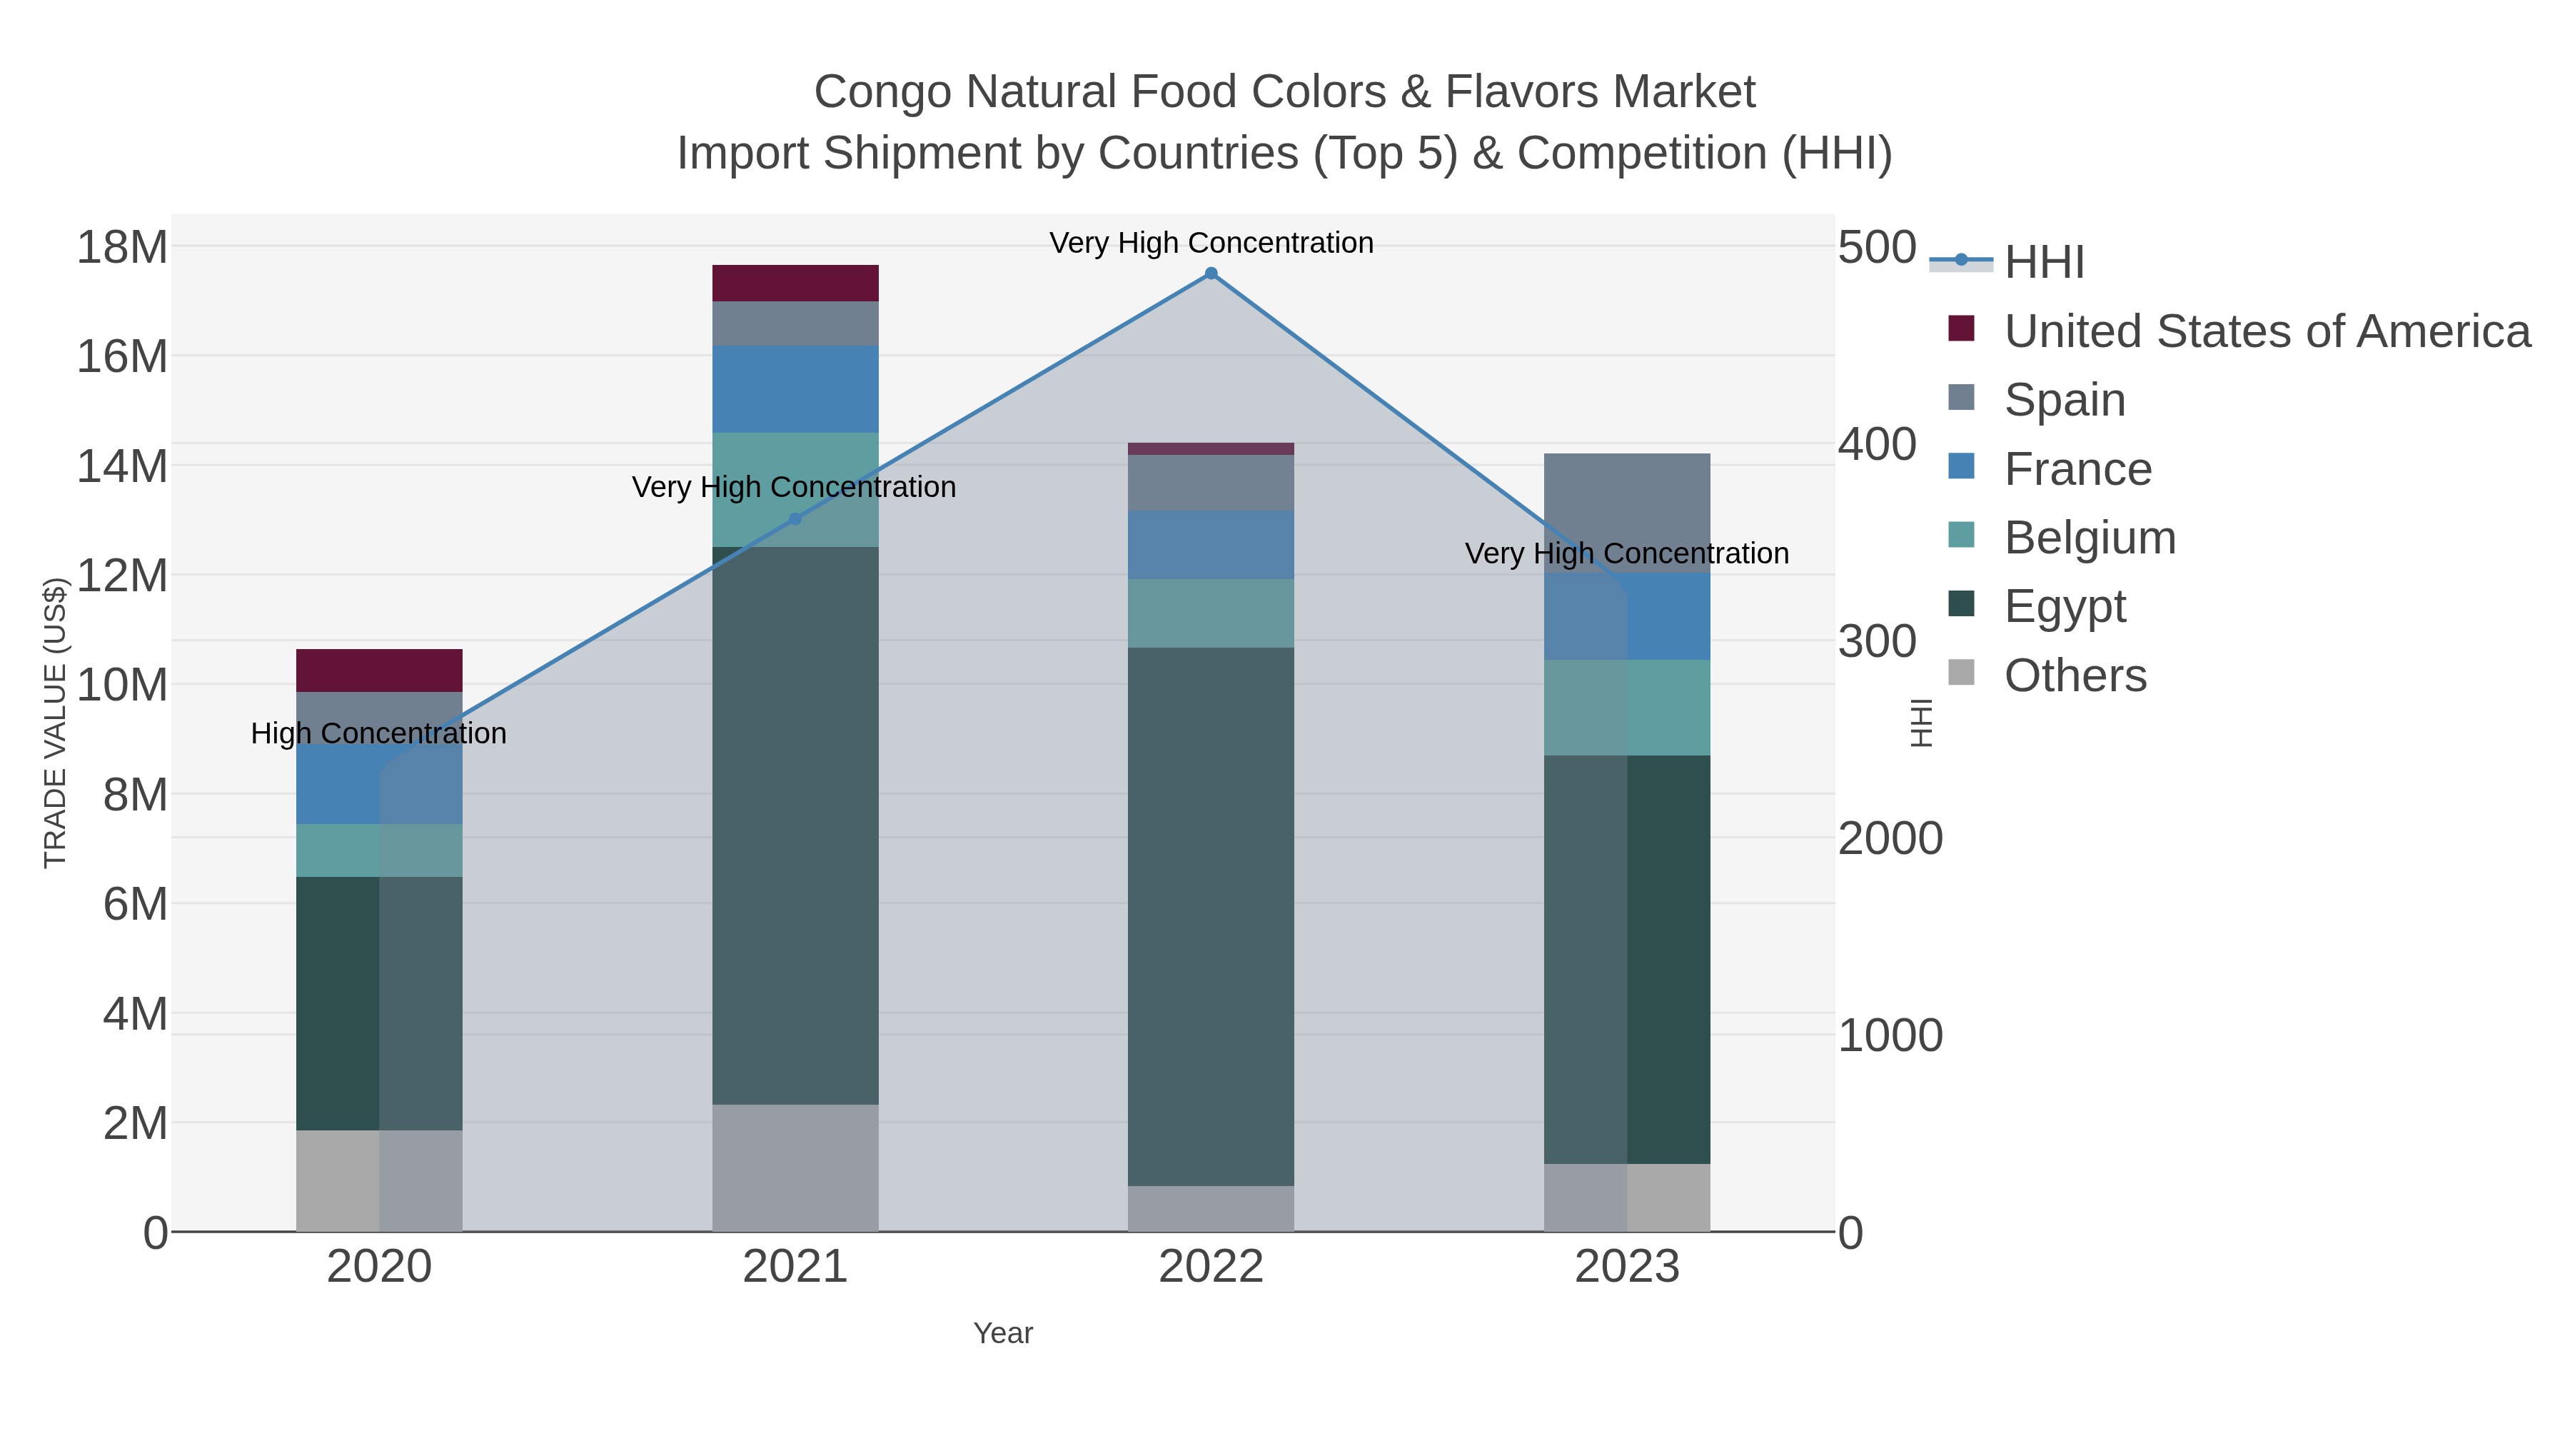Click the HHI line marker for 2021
(795, 519)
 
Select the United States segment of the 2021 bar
(795, 283)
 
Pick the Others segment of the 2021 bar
(795, 1168)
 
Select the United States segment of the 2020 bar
(379, 671)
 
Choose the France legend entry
(2077, 469)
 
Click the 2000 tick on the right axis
(1890, 838)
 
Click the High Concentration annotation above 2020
(379, 733)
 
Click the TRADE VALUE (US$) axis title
(55, 723)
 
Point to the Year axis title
(1003, 1333)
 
